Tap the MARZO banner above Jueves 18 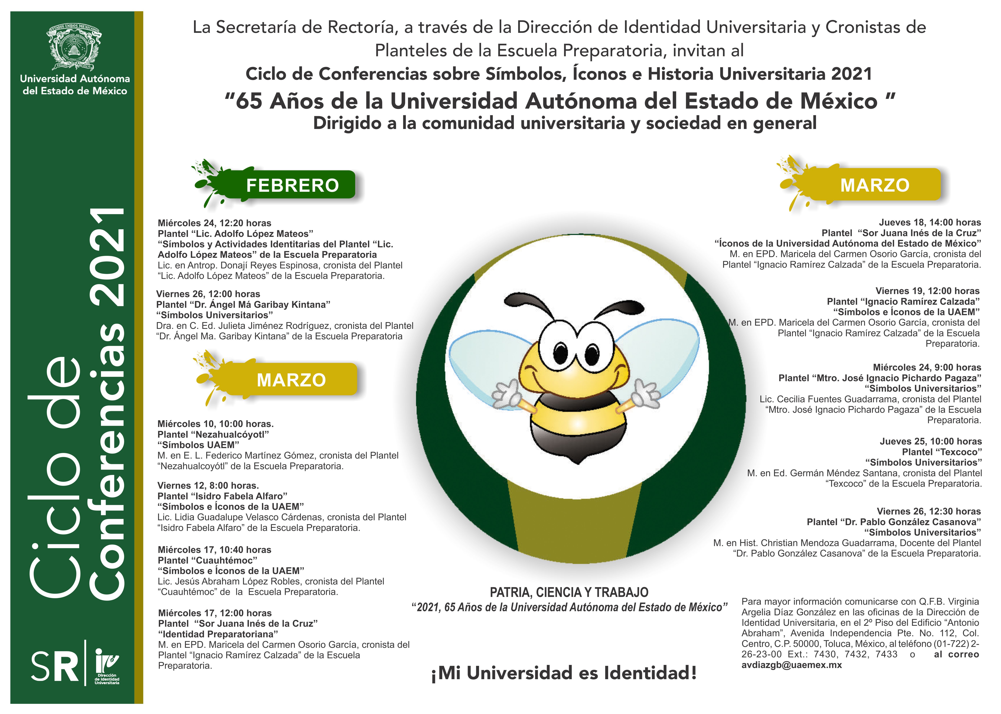pos(874,185)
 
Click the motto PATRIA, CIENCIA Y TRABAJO pos(569,592)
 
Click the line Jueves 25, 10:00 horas pos(930,441)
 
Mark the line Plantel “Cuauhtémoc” pos(207,560)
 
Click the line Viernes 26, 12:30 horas pos(929,511)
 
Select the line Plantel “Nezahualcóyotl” pos(213,434)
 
